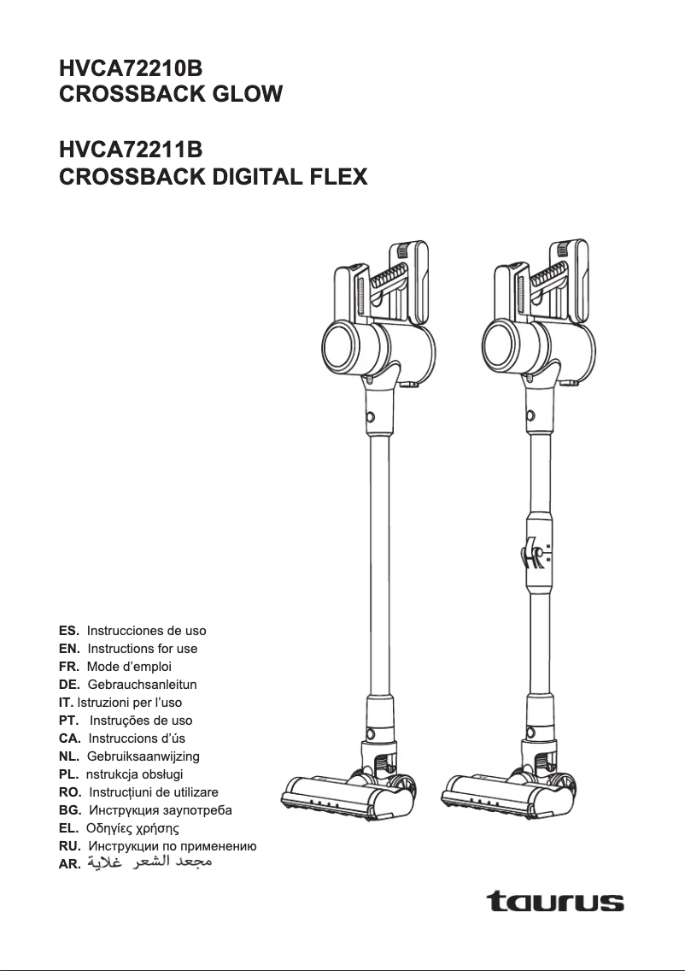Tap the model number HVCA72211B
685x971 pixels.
[x=131, y=151]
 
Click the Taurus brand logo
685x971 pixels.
[x=555, y=901]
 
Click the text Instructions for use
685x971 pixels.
[x=143, y=649]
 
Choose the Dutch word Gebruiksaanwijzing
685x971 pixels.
[x=143, y=756]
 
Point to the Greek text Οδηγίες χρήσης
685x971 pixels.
[x=133, y=828]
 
